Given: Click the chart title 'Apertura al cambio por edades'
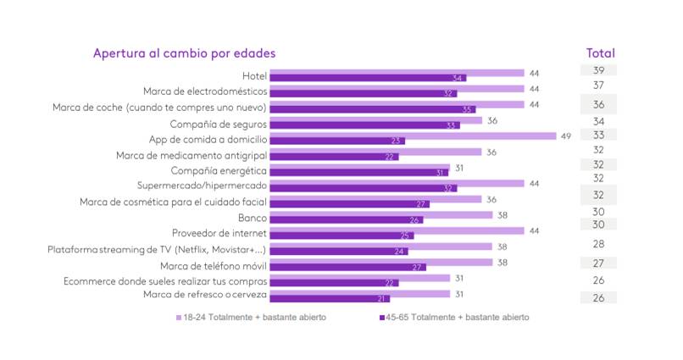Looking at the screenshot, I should click(x=184, y=53).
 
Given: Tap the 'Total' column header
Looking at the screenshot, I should click(x=600, y=53).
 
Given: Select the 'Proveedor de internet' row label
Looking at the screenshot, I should click(x=219, y=233).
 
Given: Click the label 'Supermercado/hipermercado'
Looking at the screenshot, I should click(x=203, y=186).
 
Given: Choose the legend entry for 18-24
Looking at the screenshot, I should click(x=251, y=317).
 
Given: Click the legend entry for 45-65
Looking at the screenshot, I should click(x=451, y=317).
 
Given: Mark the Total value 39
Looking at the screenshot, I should click(x=598, y=70).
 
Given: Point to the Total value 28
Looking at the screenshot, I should click(x=598, y=244).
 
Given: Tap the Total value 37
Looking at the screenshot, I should click(x=598, y=86).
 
